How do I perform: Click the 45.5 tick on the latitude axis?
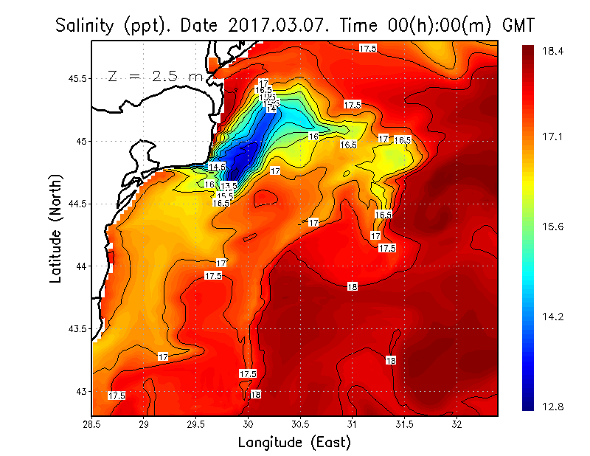(75, 78)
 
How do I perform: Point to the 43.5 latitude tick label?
(75, 328)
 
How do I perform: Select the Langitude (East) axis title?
(294, 443)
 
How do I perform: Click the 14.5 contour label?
(217, 167)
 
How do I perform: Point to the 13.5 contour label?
(229, 186)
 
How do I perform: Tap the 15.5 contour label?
(225, 196)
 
